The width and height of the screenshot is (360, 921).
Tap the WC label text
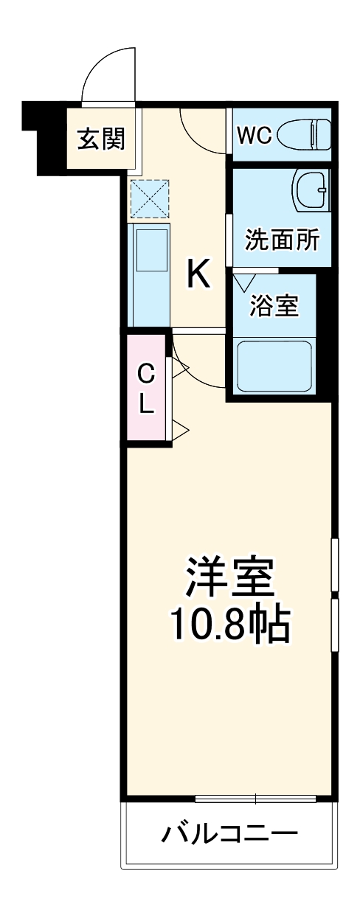(255, 134)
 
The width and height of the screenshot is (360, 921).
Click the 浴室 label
(274, 306)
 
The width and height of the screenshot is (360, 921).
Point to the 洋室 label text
(229, 577)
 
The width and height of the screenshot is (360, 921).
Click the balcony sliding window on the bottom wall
(256, 798)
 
